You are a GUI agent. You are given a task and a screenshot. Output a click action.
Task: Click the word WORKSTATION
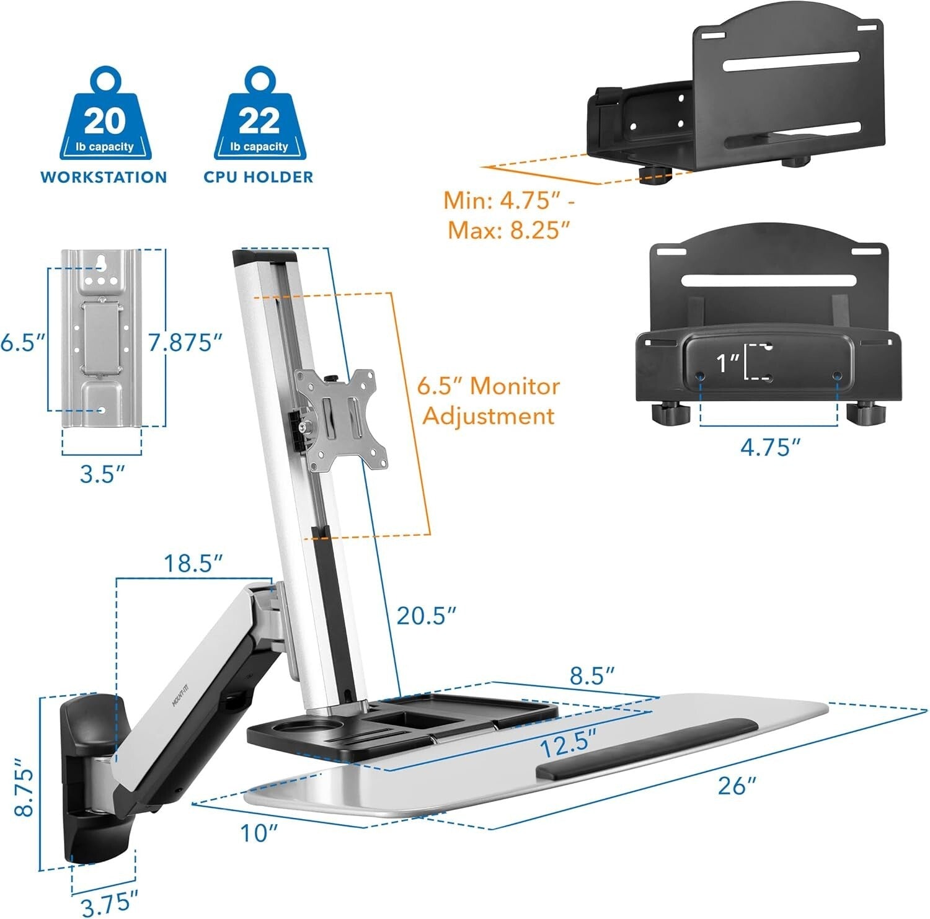pos(104,177)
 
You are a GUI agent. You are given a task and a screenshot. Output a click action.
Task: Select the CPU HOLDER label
pos(259,177)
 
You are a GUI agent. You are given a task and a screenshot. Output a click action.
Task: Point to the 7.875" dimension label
pos(185,342)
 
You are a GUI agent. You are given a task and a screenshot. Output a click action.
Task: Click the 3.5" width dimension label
pos(103,474)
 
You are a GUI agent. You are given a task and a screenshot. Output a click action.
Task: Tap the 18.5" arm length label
pos(193,564)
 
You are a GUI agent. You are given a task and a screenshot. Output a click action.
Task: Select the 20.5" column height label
pos(427,616)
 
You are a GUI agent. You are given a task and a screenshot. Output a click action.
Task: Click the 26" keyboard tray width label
pos(737,786)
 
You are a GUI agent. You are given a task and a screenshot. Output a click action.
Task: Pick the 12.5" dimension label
pos(567,744)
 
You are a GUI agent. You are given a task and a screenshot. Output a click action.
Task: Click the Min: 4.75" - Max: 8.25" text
pos(507,215)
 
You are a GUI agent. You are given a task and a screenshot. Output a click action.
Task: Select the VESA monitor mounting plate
pos(342,419)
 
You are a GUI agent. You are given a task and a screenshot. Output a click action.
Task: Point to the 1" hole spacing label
pos(727,363)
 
